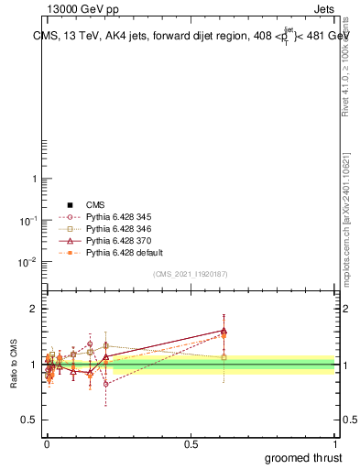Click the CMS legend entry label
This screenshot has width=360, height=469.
pyautogui.click(x=96, y=204)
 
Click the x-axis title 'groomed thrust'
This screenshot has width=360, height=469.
pyautogui.click(x=304, y=457)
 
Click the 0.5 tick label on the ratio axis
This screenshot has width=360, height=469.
pyautogui.click(x=27, y=420)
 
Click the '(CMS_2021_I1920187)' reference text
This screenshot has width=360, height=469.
pyautogui.click(x=191, y=274)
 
